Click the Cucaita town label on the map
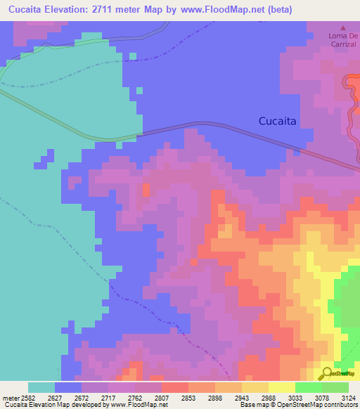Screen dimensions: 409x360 [277, 121]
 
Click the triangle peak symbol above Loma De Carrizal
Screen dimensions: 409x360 [343, 27]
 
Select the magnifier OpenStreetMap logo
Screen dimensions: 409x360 [327, 373]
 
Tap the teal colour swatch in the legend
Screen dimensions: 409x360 [41, 387]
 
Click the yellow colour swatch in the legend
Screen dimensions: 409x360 [281, 387]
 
